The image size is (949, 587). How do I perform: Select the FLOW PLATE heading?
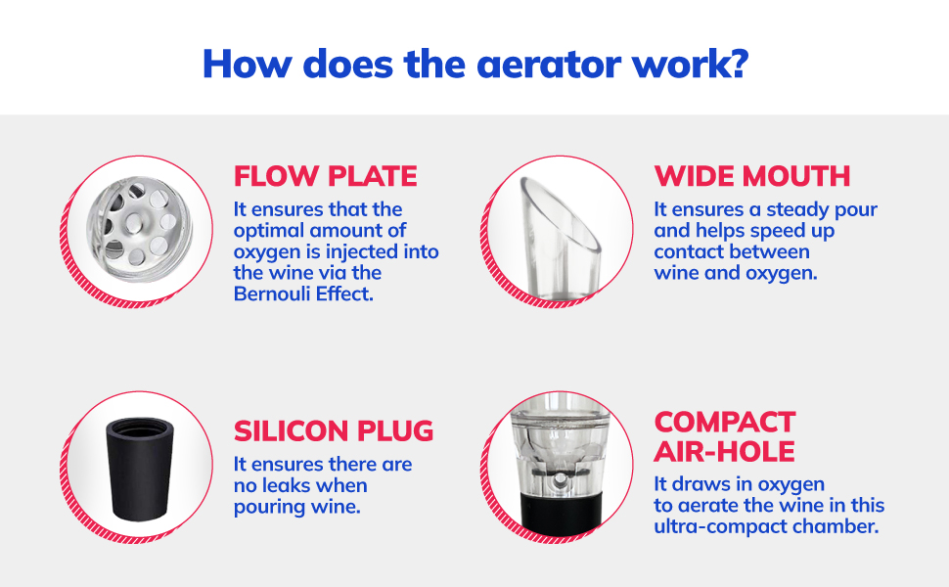click(326, 177)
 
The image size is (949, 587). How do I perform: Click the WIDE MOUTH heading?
click(752, 177)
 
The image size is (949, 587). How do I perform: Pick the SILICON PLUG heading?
click(334, 431)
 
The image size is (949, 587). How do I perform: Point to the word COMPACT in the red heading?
click(725, 423)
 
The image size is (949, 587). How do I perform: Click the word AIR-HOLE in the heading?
click(724, 452)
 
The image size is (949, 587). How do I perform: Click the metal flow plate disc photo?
click(139, 229)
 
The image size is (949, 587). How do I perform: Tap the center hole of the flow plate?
click(134, 224)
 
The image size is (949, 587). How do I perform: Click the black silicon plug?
click(140, 469)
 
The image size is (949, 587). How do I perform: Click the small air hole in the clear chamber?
click(561, 480)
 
